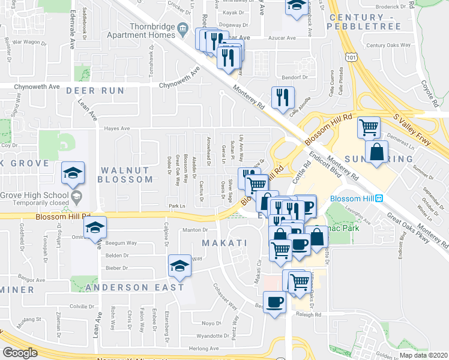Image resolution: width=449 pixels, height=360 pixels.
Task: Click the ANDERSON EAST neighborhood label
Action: (x=134, y=287)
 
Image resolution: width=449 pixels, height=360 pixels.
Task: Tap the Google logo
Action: (x=20, y=352)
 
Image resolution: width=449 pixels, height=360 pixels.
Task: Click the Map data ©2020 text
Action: (x=424, y=355)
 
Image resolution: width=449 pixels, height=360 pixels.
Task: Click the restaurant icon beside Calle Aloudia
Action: (x=282, y=98)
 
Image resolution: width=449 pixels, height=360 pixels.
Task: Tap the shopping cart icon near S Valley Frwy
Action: (x=369, y=127)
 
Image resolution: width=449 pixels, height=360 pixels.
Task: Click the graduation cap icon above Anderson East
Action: (x=179, y=265)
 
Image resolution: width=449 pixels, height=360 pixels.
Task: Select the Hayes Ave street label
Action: (x=117, y=128)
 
